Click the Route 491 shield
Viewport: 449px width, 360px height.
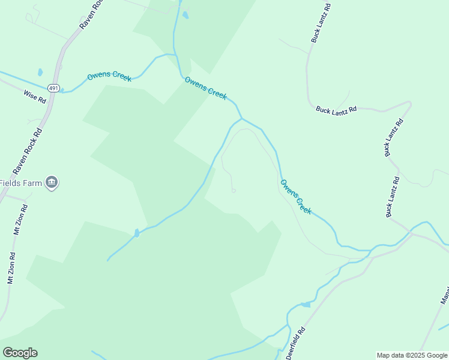point(54,88)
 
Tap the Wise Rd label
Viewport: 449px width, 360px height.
point(35,96)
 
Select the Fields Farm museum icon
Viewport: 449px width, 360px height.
point(52,182)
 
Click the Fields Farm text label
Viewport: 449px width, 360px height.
point(20,183)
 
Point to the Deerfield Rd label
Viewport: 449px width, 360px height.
point(295,343)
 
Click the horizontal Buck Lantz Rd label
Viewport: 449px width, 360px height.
point(336,109)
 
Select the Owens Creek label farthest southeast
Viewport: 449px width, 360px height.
point(296,196)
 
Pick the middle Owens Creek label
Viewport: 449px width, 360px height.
point(205,88)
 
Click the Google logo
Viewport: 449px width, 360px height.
point(20,353)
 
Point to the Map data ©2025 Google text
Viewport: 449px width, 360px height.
point(412,355)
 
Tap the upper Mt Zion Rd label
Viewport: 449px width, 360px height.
point(20,220)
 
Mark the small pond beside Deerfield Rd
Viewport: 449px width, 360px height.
point(306,305)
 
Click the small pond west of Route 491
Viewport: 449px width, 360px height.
point(40,72)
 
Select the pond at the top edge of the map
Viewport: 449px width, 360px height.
point(185,15)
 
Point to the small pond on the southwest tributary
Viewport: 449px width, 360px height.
point(137,233)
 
